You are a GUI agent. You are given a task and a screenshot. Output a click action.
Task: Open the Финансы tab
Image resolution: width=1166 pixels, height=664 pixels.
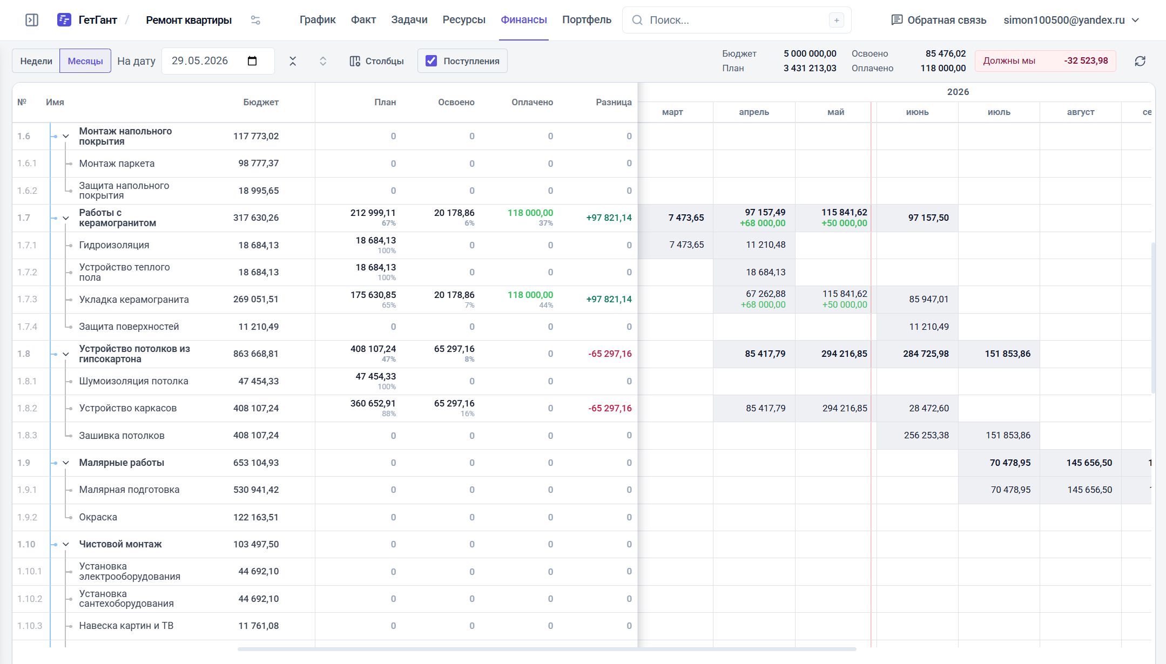[x=523, y=20]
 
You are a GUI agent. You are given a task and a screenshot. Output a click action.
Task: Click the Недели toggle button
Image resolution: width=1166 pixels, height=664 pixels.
[x=36, y=61]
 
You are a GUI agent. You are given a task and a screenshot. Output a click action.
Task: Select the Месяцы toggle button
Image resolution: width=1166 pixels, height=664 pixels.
[x=85, y=61]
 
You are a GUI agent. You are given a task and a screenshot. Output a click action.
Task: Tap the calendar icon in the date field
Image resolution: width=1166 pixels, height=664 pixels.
[x=252, y=61]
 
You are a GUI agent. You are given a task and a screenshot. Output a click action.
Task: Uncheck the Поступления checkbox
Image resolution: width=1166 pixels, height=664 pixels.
[x=431, y=61]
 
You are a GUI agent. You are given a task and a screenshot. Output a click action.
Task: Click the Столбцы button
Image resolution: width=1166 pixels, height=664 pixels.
[x=376, y=61]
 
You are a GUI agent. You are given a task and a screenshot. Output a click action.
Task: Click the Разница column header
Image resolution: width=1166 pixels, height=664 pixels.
[x=614, y=103]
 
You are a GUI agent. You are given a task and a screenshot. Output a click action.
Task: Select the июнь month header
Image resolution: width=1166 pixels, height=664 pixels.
[x=918, y=112]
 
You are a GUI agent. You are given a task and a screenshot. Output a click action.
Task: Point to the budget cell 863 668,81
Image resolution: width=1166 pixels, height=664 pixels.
[x=256, y=354]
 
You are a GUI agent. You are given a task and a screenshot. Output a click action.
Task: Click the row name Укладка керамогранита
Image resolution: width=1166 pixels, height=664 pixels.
[x=134, y=300]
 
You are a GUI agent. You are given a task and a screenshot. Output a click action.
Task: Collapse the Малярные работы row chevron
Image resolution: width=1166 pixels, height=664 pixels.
[x=66, y=463]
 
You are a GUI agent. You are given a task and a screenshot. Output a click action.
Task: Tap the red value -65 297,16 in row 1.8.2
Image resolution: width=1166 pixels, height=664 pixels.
[x=610, y=409]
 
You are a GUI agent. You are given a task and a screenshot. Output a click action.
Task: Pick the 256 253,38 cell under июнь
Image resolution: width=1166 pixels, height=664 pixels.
[x=926, y=436]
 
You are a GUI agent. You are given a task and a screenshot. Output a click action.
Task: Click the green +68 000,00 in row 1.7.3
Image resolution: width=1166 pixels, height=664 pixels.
[x=763, y=305]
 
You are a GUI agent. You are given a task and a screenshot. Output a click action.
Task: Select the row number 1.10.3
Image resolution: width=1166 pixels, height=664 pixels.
[x=30, y=626]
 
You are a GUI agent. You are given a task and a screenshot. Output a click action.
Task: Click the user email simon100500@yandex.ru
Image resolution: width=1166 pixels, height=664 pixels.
[x=1064, y=20]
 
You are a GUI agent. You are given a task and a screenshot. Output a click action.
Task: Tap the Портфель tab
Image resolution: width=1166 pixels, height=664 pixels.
[x=587, y=20]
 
